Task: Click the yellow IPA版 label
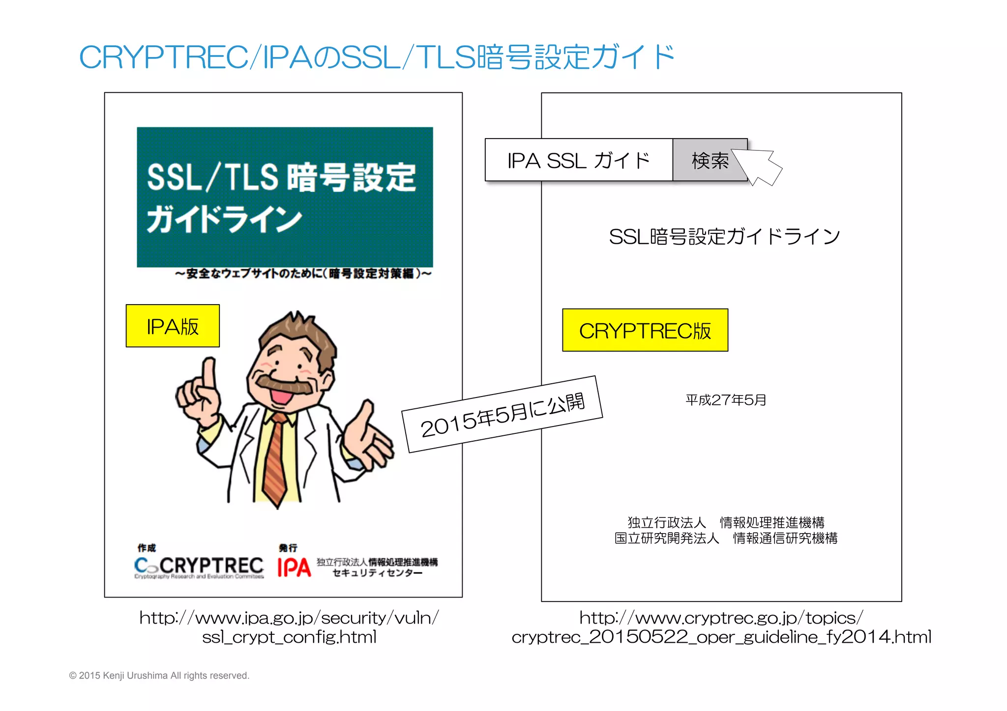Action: pos(173,326)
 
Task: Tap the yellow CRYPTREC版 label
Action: pos(645,331)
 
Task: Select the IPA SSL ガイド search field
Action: pos(579,161)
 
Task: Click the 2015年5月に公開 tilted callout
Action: pos(503,414)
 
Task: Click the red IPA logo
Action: pos(294,567)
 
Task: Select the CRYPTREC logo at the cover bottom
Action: pos(199,567)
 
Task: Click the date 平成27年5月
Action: pos(726,400)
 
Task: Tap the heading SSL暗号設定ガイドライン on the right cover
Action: pos(724,237)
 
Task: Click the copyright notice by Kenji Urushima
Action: pos(159,676)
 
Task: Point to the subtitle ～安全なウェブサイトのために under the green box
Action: pos(303,274)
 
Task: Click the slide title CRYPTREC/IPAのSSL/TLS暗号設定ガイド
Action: pos(377,57)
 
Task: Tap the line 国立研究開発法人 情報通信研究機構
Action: pos(726,539)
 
